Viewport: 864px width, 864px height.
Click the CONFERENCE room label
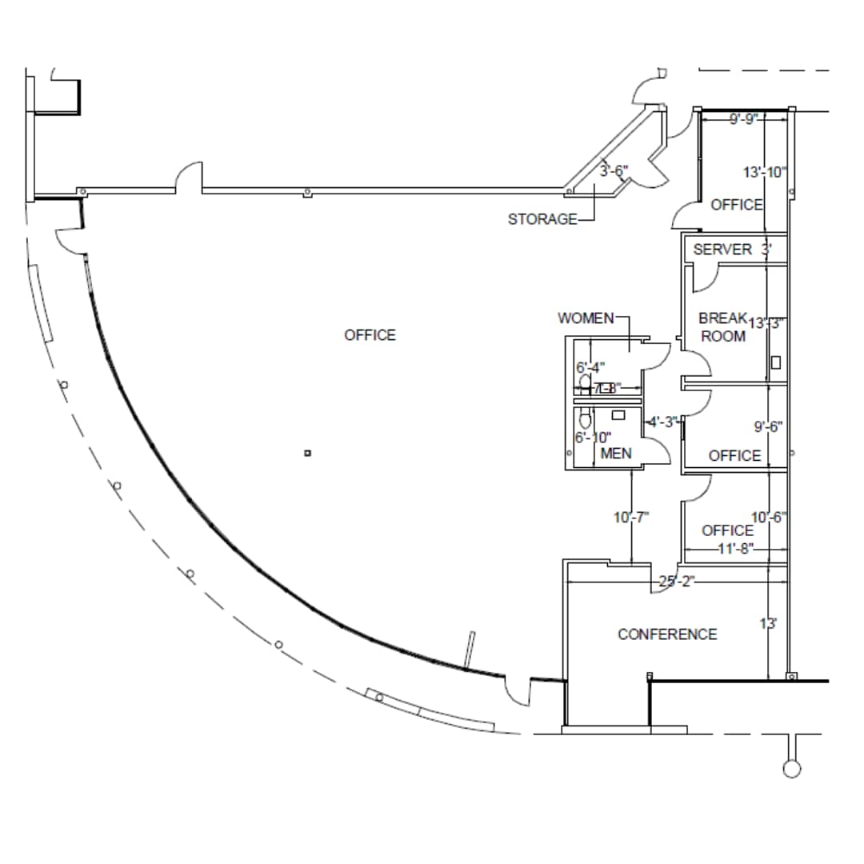click(x=667, y=634)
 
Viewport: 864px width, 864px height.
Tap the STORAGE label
click(x=542, y=219)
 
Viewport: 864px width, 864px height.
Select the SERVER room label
click(x=722, y=250)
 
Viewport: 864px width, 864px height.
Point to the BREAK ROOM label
click(x=722, y=327)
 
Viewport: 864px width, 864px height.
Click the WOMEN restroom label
click(x=586, y=318)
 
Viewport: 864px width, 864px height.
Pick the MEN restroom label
click(x=616, y=454)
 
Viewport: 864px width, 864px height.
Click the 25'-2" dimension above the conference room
click(x=676, y=582)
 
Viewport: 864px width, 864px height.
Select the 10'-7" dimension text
click(x=631, y=518)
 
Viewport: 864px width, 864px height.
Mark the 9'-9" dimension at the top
click(x=743, y=121)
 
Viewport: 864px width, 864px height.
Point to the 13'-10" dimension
click(x=765, y=172)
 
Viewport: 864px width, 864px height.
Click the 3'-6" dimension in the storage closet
click(x=614, y=170)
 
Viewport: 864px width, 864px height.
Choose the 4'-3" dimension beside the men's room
click(x=663, y=422)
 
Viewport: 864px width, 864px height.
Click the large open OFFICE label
click(x=370, y=335)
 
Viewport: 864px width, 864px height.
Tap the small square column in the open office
click(x=308, y=454)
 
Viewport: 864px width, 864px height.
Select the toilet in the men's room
click(x=585, y=418)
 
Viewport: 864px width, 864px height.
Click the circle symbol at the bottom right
click(x=791, y=769)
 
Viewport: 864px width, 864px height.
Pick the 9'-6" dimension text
click(x=768, y=427)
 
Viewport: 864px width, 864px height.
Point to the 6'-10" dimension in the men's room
click(x=593, y=438)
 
